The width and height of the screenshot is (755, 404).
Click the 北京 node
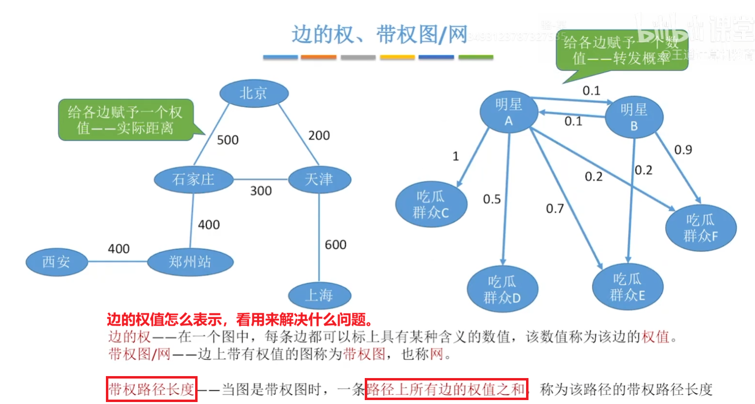pos(253,93)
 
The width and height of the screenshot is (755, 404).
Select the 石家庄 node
pos(193,180)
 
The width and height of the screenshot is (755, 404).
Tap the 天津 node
pos(319,179)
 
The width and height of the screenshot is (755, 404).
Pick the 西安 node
pos(56,262)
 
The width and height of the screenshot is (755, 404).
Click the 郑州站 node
pos(190,262)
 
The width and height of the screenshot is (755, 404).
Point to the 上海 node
pos(319,295)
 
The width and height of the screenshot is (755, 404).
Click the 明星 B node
pos(634,117)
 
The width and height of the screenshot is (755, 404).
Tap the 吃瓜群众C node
pos(431,204)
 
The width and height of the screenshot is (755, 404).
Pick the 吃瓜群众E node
pos(628,287)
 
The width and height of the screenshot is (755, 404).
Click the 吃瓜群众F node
pos(701,228)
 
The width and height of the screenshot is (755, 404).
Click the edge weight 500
pos(228,140)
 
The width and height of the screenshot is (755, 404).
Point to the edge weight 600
pos(336,244)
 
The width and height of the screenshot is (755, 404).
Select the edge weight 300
pos(261,191)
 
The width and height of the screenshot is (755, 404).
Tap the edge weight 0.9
pos(683,150)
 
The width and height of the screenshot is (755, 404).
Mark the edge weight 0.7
pos(555,209)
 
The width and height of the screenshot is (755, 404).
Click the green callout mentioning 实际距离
pos(126,120)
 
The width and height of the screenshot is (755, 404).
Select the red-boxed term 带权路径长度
pos(151,389)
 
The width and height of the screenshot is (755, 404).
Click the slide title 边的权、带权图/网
pos(379,35)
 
